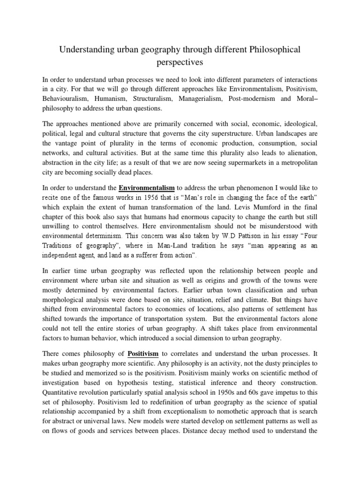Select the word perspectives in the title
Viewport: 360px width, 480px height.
[180, 61]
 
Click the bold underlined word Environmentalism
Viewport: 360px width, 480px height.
[147, 188]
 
